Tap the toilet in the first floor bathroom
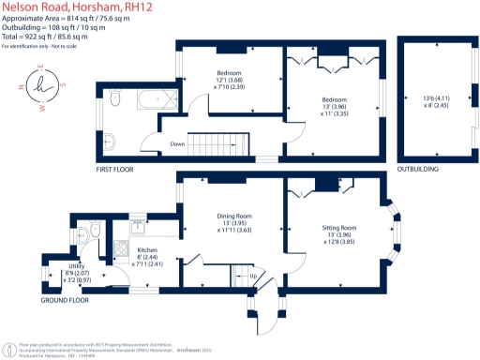point(113,97)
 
